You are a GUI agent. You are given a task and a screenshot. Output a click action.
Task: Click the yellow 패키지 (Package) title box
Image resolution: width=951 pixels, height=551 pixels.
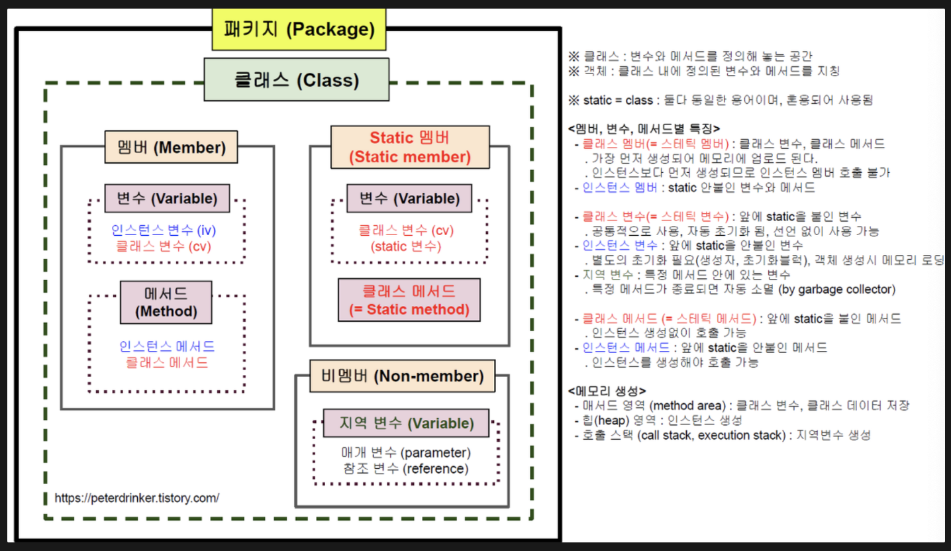tap(299, 29)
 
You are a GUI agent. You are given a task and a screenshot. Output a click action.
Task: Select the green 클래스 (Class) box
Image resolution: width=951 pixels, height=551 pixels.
tap(296, 80)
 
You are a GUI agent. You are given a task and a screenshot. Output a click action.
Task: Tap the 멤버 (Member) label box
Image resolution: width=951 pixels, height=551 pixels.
tap(171, 147)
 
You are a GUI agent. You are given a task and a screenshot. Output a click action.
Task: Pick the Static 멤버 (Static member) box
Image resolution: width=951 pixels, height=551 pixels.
tap(410, 147)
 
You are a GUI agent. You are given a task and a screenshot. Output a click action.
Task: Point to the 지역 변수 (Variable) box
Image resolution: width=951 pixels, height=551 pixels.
tap(407, 423)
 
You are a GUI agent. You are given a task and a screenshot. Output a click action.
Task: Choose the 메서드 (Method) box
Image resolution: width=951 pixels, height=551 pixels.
tap(166, 302)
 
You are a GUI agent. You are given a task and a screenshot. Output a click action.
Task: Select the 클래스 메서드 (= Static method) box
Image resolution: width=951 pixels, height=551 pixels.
tap(409, 300)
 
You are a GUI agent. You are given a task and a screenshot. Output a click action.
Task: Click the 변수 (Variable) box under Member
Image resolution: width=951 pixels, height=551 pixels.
tap(167, 199)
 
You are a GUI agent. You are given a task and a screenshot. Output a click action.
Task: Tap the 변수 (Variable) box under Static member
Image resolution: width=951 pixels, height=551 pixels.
tap(409, 199)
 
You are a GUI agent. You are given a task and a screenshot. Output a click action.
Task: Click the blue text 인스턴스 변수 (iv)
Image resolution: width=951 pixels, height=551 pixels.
tap(164, 230)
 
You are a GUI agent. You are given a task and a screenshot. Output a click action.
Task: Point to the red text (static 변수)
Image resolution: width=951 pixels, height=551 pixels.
tap(406, 246)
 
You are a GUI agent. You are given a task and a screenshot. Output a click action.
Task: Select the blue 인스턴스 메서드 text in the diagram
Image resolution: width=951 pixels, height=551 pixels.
tap(167, 346)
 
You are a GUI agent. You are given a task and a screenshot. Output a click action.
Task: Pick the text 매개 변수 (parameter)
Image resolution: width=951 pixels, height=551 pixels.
tap(405, 453)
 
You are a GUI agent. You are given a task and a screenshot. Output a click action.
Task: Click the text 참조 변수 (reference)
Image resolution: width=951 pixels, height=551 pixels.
tap(405, 469)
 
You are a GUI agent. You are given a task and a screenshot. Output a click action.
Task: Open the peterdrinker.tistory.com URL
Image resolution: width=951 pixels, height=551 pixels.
tap(136, 497)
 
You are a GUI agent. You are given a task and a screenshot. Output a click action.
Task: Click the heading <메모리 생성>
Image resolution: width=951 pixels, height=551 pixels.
tap(607, 391)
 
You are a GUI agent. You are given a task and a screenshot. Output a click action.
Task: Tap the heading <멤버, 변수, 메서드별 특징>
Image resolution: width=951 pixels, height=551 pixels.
tap(644, 129)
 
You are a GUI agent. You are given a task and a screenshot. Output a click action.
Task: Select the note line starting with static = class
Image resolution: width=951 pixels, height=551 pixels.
tap(721, 100)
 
